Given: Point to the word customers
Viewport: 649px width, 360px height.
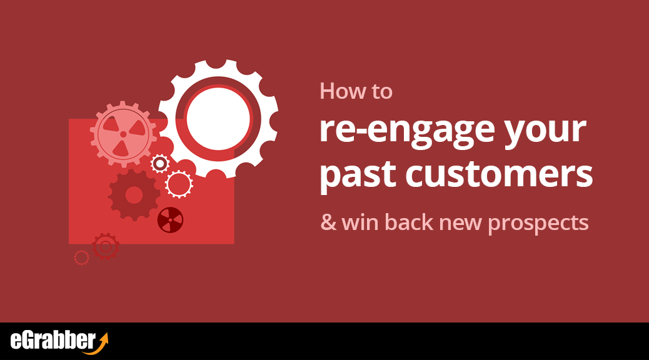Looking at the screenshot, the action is point(499,173).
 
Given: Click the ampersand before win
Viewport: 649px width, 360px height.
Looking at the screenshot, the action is point(329,222).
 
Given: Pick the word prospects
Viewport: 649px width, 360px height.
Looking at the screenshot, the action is point(538,224).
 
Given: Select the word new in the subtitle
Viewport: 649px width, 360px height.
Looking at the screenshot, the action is point(460,224).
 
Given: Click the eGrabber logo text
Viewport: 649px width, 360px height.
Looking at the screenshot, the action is point(53,341).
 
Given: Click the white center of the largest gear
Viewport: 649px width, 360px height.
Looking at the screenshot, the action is point(218,119).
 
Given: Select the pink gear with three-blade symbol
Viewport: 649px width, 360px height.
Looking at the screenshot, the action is point(123,134).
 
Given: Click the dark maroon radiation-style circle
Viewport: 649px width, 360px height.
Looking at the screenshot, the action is point(170,220).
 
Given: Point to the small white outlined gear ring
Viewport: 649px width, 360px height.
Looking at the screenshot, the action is point(179,184).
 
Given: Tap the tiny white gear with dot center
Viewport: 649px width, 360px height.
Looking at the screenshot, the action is point(160,164).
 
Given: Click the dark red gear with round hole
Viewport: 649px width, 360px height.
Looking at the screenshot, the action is point(134,195).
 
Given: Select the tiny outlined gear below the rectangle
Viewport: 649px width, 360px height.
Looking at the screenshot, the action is point(81,257).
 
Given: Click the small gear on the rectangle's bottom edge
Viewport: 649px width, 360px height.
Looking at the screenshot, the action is point(106,247).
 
